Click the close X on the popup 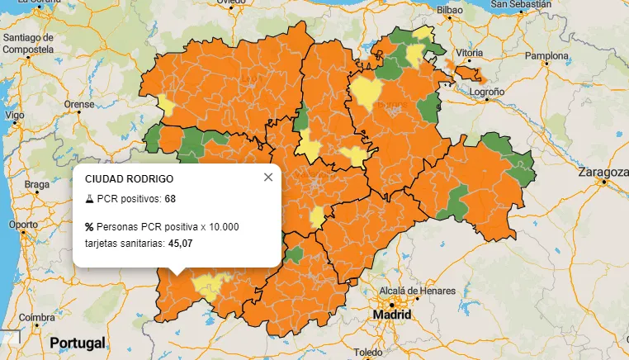(x=267, y=178)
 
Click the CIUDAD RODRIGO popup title (x=130, y=178)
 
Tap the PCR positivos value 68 (x=170, y=199)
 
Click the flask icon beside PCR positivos (x=89, y=199)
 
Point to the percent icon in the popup (x=89, y=227)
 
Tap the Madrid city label (x=392, y=316)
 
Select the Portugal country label (x=78, y=343)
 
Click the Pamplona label (x=547, y=56)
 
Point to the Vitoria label (x=469, y=53)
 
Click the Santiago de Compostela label (x=28, y=43)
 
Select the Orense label (x=80, y=105)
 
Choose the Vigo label (x=14, y=116)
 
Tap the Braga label (x=37, y=184)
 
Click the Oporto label (x=22, y=225)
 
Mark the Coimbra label (x=38, y=318)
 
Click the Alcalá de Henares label (x=417, y=291)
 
